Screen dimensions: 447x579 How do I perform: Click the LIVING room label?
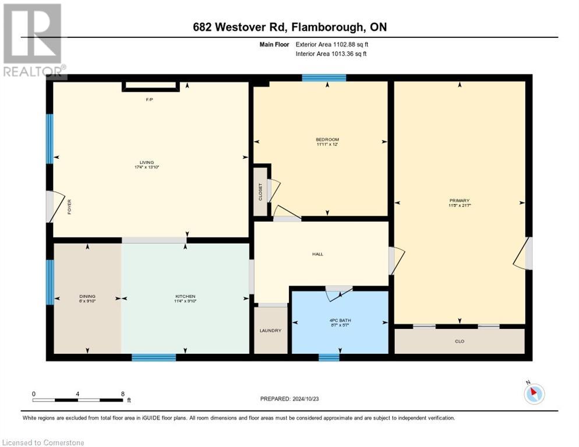pyautogui.click(x=146, y=162)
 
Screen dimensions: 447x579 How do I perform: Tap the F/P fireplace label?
pyautogui.click(x=149, y=100)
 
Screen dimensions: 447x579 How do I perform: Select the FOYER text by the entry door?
pyautogui.click(x=69, y=207)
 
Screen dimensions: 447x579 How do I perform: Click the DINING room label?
pyautogui.click(x=87, y=296)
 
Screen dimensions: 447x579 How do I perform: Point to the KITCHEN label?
pyautogui.click(x=185, y=296)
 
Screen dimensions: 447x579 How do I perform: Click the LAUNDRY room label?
pyautogui.click(x=270, y=331)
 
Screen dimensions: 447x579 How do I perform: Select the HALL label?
pyautogui.click(x=317, y=254)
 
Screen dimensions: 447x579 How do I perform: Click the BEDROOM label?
pyautogui.click(x=327, y=140)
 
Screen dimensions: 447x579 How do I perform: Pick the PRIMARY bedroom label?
pyautogui.click(x=459, y=201)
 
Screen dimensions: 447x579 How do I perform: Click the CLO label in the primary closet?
pyautogui.click(x=460, y=341)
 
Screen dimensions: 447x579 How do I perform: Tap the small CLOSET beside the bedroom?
pyautogui.click(x=260, y=191)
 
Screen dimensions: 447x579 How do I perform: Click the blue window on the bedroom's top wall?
pyautogui.click(x=324, y=78)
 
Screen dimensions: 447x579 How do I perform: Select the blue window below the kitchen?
pyautogui.click(x=154, y=357)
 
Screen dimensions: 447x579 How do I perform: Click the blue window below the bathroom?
pyautogui.click(x=329, y=357)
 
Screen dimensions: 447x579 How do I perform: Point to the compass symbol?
pyautogui.click(x=534, y=393)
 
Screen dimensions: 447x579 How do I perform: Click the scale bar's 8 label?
pyautogui.click(x=122, y=394)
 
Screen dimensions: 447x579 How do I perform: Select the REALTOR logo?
pyautogui.click(x=33, y=40)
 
